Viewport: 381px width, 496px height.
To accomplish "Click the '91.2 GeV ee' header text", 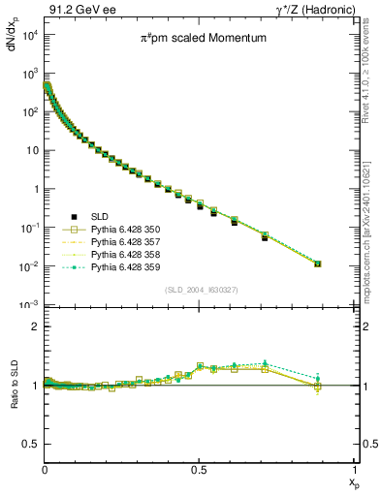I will [82, 9].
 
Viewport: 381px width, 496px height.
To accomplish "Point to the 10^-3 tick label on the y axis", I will [28, 305].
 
